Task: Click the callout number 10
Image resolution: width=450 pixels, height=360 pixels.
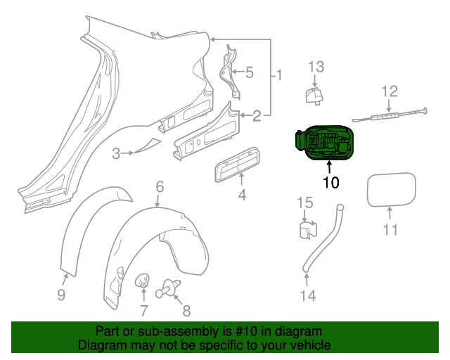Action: coord(330,183)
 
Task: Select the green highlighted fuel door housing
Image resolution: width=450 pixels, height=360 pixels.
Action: coord(323,142)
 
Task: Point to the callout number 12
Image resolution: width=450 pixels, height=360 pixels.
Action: coord(390,91)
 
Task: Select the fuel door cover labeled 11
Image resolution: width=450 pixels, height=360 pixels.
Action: coord(391,190)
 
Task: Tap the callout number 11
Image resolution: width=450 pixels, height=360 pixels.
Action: coord(390,229)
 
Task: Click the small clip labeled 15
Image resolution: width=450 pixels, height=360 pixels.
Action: coord(304,231)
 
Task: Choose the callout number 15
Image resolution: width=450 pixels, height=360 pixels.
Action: coord(303,202)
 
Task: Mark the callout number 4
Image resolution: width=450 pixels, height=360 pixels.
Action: coord(242,194)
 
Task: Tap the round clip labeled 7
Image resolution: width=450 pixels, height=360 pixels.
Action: coord(143,281)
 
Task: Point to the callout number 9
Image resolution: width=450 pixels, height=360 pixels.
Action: coord(61,295)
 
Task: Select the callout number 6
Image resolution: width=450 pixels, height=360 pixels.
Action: coord(160,186)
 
